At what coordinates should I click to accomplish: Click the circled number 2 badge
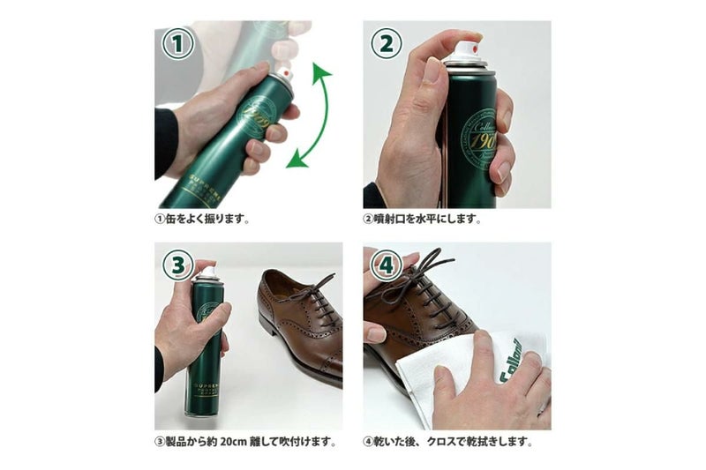click(x=386, y=43)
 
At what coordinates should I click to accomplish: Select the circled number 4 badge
click(x=386, y=264)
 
